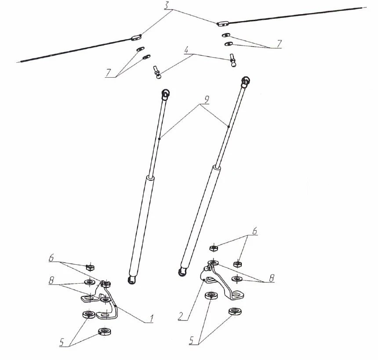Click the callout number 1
[151, 319]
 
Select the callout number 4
[188, 50]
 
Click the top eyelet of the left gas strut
[166, 93]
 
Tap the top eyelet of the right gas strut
[245, 80]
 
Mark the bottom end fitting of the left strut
[131, 280]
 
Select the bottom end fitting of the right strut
[182, 270]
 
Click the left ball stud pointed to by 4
[156, 72]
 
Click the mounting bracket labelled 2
[222, 281]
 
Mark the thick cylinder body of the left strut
[140, 224]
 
